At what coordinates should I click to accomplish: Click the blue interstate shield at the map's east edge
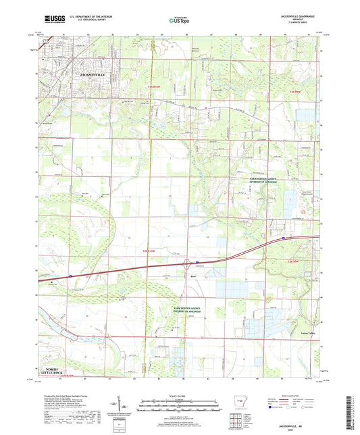[x=283, y=238]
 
